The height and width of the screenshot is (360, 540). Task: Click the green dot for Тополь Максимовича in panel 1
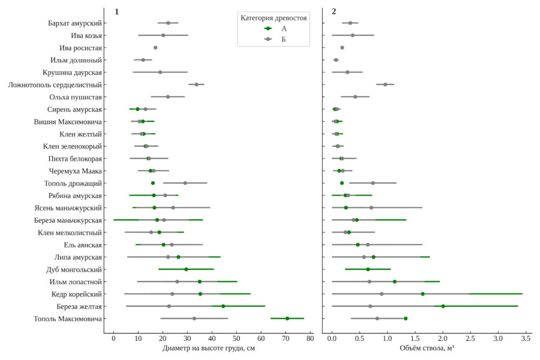click(x=287, y=318)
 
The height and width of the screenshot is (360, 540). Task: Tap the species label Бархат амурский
click(x=75, y=23)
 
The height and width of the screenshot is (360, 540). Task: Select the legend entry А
click(x=284, y=28)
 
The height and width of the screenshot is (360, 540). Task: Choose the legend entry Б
click(x=284, y=40)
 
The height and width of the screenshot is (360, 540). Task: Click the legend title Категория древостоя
click(x=274, y=18)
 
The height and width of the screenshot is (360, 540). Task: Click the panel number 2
click(x=334, y=11)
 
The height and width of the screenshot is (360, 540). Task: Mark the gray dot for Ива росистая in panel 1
click(x=156, y=48)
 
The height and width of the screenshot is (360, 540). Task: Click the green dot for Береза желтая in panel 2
click(x=443, y=306)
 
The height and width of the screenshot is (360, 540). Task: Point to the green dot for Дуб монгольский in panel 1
click(x=186, y=269)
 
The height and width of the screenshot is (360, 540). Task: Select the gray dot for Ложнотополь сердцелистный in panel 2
click(x=385, y=84)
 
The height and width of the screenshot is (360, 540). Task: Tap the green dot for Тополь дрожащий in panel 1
click(x=153, y=183)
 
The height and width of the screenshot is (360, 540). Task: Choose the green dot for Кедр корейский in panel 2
click(x=422, y=294)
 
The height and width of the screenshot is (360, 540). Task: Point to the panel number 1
click(x=117, y=11)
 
